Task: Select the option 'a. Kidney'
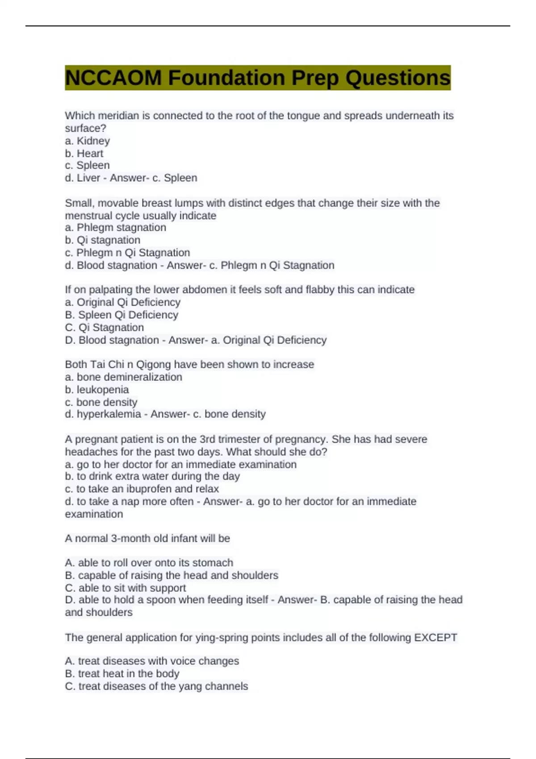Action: point(88,141)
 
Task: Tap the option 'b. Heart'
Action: point(84,153)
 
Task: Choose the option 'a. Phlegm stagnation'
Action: point(115,227)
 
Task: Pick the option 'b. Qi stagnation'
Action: point(102,240)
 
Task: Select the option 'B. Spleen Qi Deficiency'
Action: point(121,315)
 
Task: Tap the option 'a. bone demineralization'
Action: point(123,377)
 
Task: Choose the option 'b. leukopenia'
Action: point(97,389)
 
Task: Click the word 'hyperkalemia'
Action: point(109,414)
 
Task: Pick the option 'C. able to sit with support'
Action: point(125,588)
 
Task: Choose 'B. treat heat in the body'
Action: point(122,673)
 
